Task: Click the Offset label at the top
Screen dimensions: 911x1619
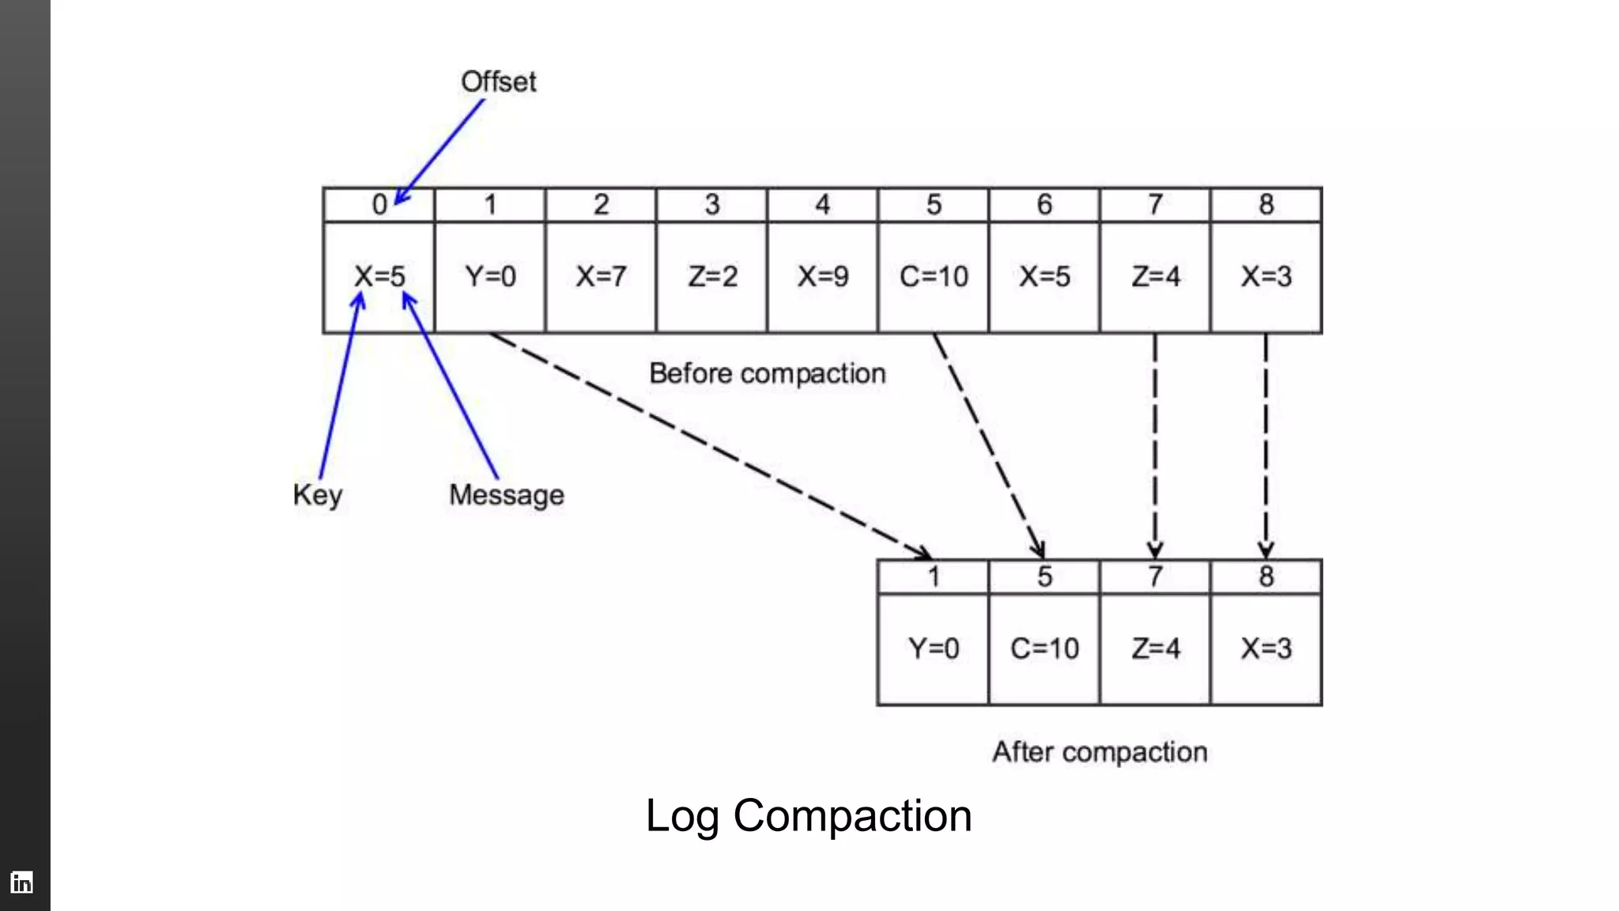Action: (498, 81)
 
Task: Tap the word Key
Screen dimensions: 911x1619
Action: (317, 495)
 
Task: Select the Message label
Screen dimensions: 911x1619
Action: (506, 495)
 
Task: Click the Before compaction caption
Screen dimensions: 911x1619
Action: (767, 373)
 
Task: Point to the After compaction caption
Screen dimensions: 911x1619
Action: (1100, 751)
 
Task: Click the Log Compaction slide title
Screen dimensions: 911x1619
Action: (808, 815)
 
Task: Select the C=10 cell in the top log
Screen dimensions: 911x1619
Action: (934, 277)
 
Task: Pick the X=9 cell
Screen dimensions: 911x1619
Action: (822, 277)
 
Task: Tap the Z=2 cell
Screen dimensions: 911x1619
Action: (711, 277)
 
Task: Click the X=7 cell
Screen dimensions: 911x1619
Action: (601, 277)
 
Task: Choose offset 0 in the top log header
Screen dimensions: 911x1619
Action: (379, 205)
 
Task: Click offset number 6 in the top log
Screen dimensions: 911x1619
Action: (1044, 205)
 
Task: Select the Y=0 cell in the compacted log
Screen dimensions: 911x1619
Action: (934, 648)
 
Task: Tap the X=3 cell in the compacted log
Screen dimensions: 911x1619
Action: (1266, 648)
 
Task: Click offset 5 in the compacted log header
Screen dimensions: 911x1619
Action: (1044, 576)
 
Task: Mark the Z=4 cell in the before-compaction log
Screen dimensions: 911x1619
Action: (1155, 277)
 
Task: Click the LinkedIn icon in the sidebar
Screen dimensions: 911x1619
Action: (22, 882)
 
